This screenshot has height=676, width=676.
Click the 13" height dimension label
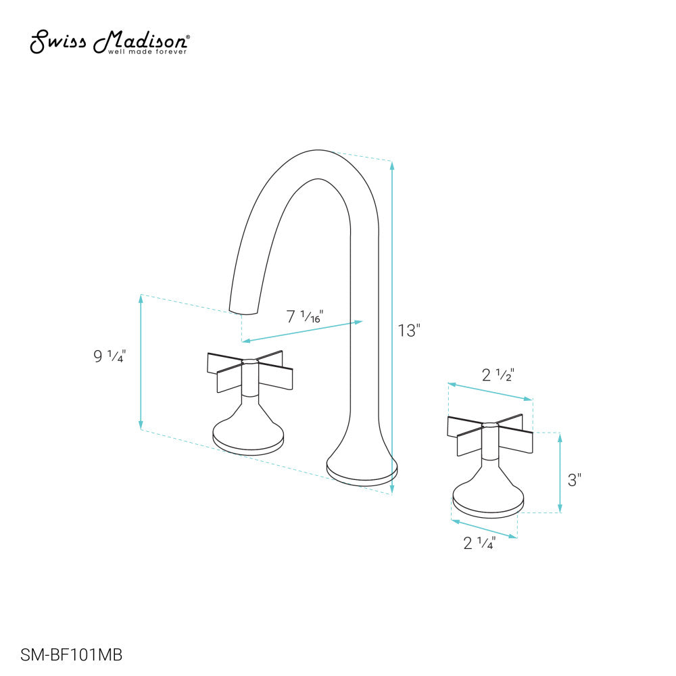[409, 331]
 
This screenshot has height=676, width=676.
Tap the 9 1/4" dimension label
[110, 357]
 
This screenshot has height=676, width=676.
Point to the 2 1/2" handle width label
[498, 375]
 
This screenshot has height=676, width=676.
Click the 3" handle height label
[575, 481]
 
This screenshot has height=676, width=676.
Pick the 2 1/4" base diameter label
[480, 542]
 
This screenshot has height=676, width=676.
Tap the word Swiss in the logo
[57, 42]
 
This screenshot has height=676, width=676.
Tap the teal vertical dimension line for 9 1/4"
[141, 362]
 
